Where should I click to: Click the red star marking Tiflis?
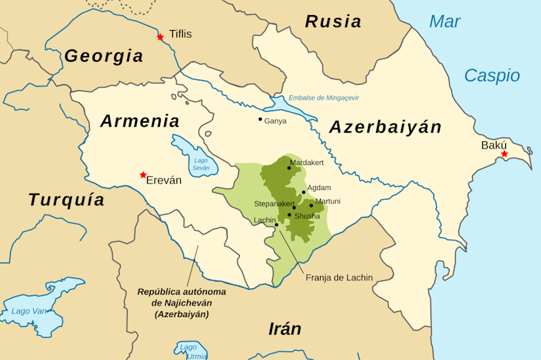[x=161, y=37]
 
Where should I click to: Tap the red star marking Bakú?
[x=504, y=154]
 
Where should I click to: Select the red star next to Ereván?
[x=144, y=175]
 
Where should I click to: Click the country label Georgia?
[x=103, y=56]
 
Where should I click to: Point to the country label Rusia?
[x=333, y=22]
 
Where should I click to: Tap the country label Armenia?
[x=139, y=121]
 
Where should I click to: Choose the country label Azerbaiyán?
[x=385, y=128]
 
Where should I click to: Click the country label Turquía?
[x=67, y=200]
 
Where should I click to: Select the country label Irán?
[x=284, y=329]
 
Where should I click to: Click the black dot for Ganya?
[x=260, y=119]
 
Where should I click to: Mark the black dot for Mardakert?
[x=289, y=167]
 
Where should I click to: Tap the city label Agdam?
[x=319, y=187]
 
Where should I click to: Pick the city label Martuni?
[x=328, y=202]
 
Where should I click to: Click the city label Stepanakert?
[x=273, y=204]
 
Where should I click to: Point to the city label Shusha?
[x=306, y=216]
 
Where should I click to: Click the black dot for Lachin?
[x=276, y=225]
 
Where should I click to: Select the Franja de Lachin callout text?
[x=339, y=278]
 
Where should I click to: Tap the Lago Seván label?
[x=200, y=164]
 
